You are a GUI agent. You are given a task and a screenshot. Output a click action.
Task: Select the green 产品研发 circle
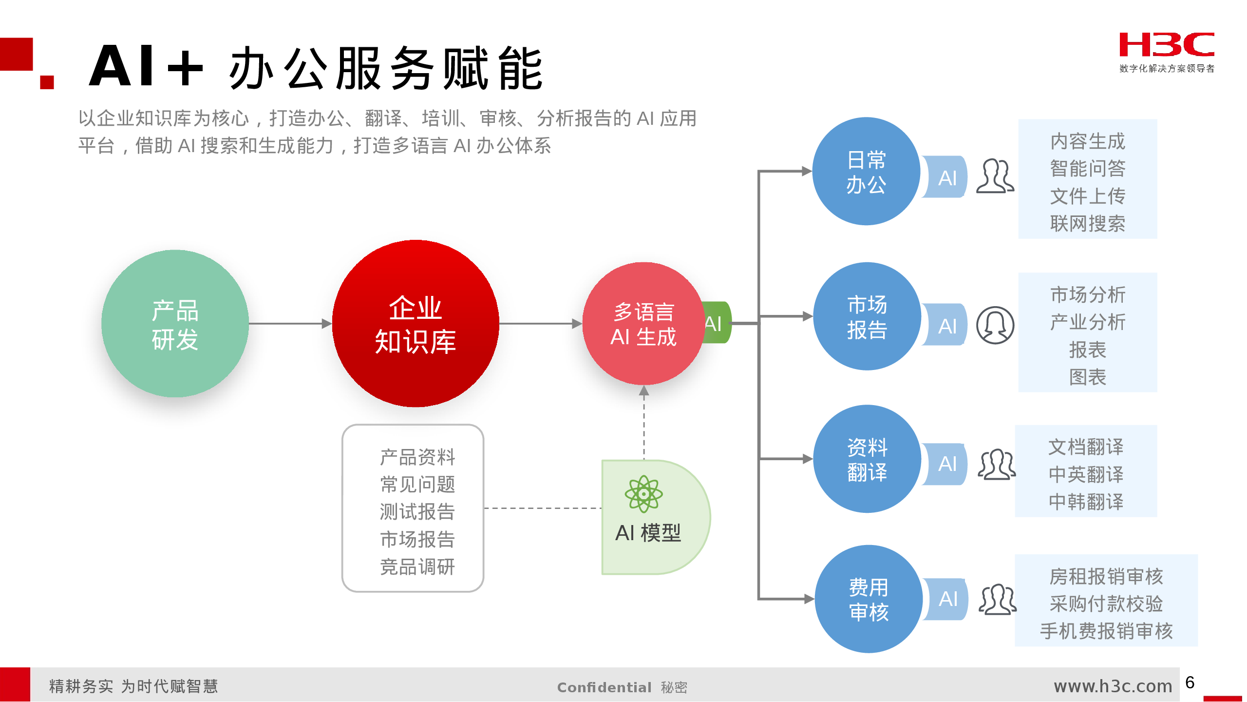[x=175, y=323]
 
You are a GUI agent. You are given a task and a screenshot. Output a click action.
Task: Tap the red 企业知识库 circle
[x=416, y=323]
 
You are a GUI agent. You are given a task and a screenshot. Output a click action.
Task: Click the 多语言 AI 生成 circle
[x=643, y=324]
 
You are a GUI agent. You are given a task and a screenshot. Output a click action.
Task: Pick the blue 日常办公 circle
[x=866, y=171]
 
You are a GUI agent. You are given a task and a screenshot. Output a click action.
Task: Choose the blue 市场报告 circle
[x=867, y=316]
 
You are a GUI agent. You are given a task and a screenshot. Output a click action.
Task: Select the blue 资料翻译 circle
[x=867, y=459]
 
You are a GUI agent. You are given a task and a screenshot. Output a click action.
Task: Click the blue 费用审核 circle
[x=869, y=599]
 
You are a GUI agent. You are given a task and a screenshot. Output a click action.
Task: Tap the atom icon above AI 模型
[x=643, y=494]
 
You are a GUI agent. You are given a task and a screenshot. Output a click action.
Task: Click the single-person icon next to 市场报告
[x=995, y=325]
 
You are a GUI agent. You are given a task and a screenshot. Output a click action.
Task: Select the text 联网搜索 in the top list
[x=1088, y=224]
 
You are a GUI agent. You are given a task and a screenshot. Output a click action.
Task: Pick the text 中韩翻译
[x=1086, y=501]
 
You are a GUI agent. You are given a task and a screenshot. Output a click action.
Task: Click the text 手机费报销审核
[x=1106, y=631]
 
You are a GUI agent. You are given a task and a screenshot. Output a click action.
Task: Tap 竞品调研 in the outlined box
[x=417, y=566]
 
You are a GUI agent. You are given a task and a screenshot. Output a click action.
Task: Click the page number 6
[x=1190, y=682]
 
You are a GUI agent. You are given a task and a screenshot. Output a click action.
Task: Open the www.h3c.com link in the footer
[x=1113, y=686]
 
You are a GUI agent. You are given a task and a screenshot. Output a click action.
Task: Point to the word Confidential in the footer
[x=604, y=687]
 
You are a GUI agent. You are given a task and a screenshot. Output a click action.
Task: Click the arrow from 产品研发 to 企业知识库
[x=290, y=323]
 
